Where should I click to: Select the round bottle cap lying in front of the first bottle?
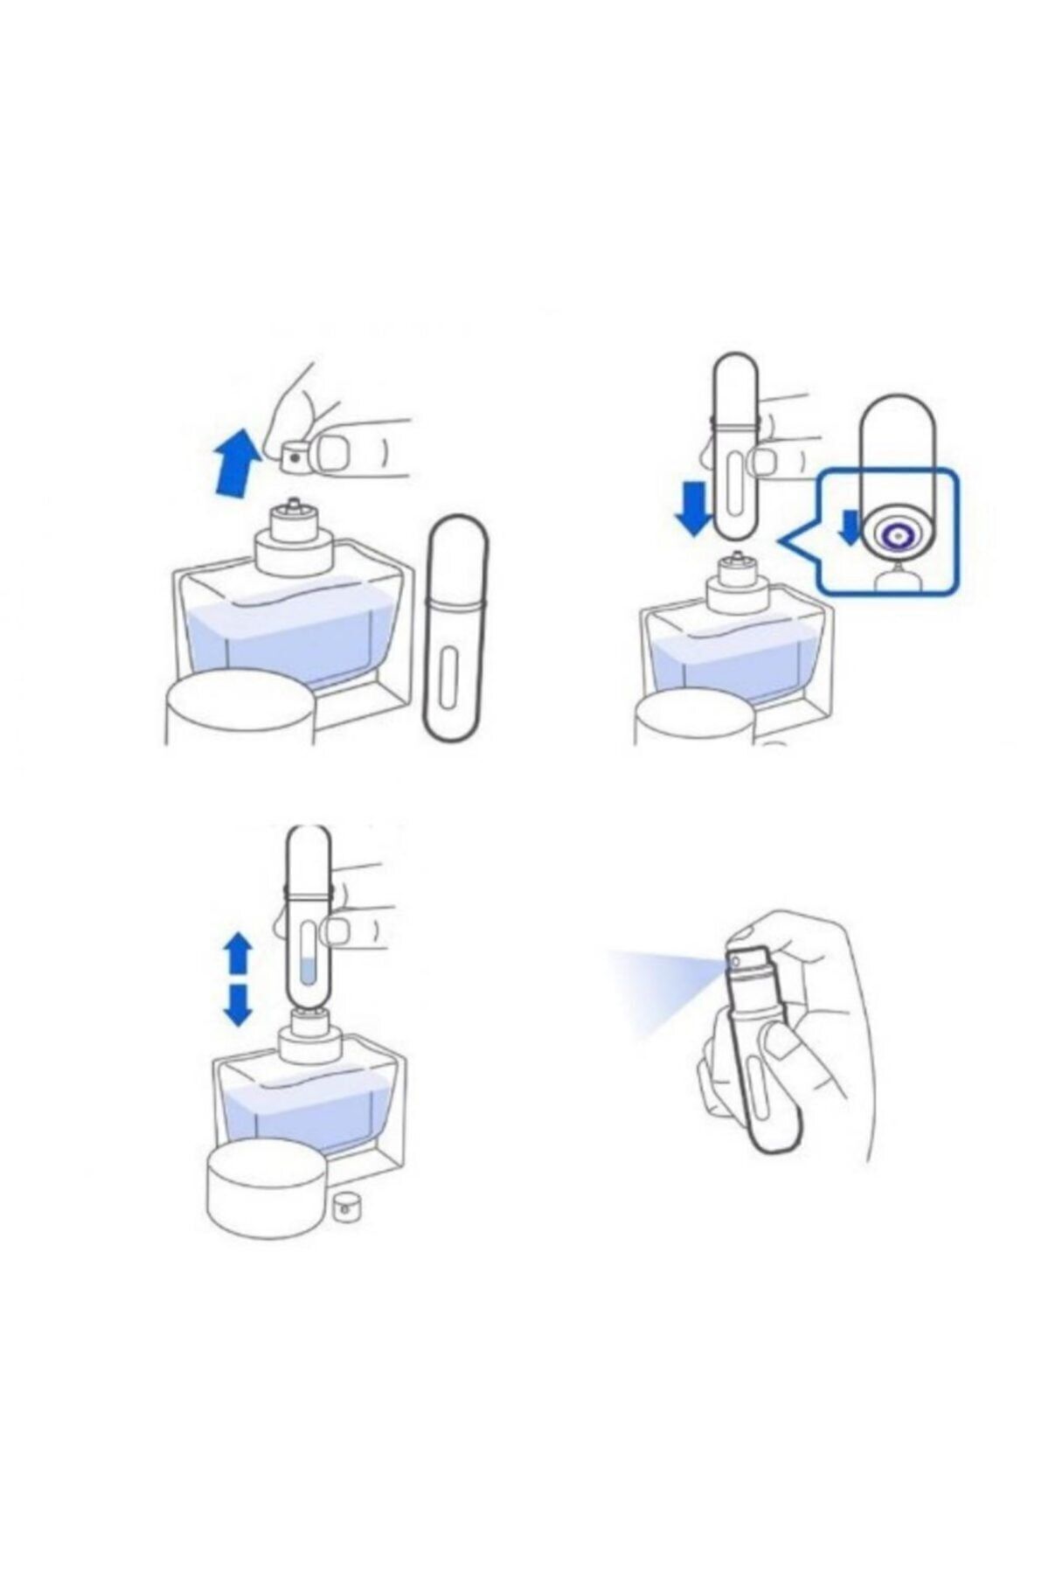(238, 708)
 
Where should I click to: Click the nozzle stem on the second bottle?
(738, 557)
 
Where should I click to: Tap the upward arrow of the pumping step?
(238, 953)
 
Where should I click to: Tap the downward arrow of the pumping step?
(238, 1004)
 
